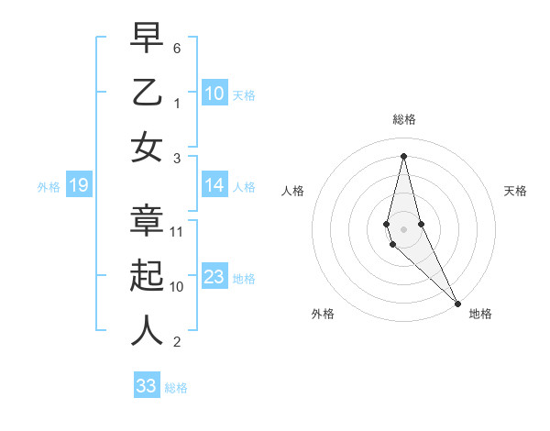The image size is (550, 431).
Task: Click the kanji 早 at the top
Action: (x=147, y=39)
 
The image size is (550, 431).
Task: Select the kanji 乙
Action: (x=147, y=94)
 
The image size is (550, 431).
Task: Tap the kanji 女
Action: (x=147, y=147)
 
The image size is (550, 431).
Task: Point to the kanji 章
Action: (x=147, y=220)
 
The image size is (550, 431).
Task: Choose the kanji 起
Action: (x=147, y=275)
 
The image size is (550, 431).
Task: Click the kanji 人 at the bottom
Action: (x=147, y=330)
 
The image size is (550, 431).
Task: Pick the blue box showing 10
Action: (x=214, y=93)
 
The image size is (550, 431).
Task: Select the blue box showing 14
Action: (x=214, y=186)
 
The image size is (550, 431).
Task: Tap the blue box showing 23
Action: (x=214, y=278)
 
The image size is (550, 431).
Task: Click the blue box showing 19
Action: (x=78, y=186)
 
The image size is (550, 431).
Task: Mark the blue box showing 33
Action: (x=147, y=386)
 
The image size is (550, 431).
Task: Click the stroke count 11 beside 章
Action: (x=178, y=232)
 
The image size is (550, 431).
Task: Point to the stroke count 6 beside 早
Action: (x=177, y=47)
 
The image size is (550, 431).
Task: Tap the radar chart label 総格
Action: (x=403, y=119)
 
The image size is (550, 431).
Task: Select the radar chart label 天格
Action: (x=515, y=191)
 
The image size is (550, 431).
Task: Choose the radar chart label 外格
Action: (x=323, y=314)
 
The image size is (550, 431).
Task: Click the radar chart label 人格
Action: (x=292, y=191)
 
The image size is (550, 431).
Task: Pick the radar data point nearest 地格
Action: (x=457, y=303)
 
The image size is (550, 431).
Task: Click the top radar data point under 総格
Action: (x=403, y=155)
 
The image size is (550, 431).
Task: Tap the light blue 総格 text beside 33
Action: (x=176, y=388)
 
